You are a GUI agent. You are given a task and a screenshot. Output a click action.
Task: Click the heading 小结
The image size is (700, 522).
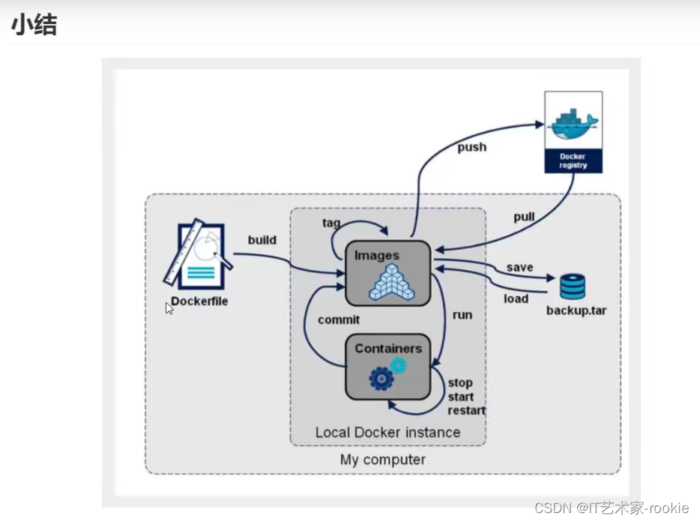(x=34, y=25)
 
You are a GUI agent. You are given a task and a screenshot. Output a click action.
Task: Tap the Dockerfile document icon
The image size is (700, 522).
(x=197, y=255)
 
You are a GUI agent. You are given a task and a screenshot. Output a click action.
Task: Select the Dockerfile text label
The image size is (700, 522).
(x=199, y=301)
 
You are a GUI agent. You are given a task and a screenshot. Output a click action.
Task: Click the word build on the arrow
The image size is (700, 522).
(x=262, y=240)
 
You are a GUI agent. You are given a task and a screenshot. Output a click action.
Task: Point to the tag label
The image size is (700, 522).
(x=331, y=223)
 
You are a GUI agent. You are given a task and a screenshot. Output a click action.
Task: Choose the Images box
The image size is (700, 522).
(x=387, y=273)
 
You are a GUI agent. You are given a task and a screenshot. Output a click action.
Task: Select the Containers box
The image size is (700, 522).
(x=387, y=367)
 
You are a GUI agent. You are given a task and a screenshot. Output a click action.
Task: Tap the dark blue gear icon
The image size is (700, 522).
(x=381, y=379)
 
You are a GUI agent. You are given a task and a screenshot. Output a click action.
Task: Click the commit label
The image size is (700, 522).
(x=339, y=319)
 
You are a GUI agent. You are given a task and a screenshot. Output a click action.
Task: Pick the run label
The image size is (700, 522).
(x=462, y=314)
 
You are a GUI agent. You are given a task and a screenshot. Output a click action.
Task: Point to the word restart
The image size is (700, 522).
(x=466, y=410)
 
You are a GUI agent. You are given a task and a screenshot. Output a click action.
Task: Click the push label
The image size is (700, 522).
(x=471, y=147)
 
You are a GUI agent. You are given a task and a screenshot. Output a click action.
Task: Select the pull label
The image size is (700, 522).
(x=524, y=217)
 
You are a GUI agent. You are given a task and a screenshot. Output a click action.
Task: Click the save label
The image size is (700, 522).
(x=519, y=267)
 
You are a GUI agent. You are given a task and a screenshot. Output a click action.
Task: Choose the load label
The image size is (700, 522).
(x=516, y=298)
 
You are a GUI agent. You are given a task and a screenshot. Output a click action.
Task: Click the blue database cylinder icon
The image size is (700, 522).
(x=573, y=286)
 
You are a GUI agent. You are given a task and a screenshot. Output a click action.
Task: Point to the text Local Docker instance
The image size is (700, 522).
(x=387, y=432)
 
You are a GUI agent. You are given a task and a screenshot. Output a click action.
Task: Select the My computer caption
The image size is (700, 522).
(x=382, y=460)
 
